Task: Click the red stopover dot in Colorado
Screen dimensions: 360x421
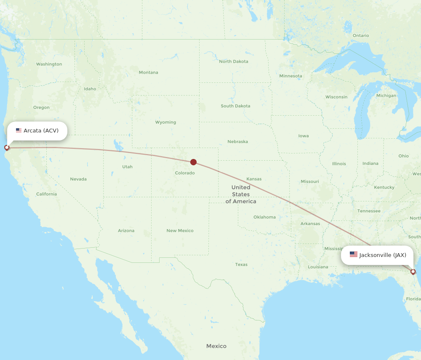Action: pyautogui.click(x=193, y=162)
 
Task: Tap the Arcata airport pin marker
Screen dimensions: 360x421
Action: pyautogui.click(x=7, y=148)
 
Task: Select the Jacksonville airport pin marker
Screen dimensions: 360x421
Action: pyautogui.click(x=413, y=272)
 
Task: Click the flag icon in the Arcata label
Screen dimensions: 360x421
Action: pyautogui.click(x=19, y=130)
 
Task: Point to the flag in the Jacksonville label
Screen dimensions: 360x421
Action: pyautogui.click(x=354, y=254)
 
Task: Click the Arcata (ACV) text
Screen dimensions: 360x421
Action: pyautogui.click(x=41, y=130)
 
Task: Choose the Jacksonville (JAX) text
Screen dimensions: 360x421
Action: pyautogui.click(x=383, y=255)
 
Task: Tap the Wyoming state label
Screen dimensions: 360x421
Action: pyautogui.click(x=165, y=122)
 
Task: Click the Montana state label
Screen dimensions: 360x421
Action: pyautogui.click(x=149, y=72)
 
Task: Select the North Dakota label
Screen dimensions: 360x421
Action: pyautogui.click(x=234, y=61)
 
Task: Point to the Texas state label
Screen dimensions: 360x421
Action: pyautogui.click(x=241, y=265)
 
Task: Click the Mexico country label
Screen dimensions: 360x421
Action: pyautogui.click(x=216, y=346)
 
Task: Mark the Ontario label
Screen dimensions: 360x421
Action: pyautogui.click(x=361, y=36)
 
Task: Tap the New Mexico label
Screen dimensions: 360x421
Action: pyautogui.click(x=180, y=230)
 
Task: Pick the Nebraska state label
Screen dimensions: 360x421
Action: pyautogui.click(x=237, y=142)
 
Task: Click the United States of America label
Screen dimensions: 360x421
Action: pyautogui.click(x=241, y=194)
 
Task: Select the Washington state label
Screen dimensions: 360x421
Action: pyautogui.click(x=49, y=64)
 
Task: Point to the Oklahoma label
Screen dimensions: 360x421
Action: pyautogui.click(x=264, y=217)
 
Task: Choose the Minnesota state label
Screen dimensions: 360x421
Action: pyautogui.click(x=290, y=76)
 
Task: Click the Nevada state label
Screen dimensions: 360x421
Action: pyautogui.click(x=78, y=179)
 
